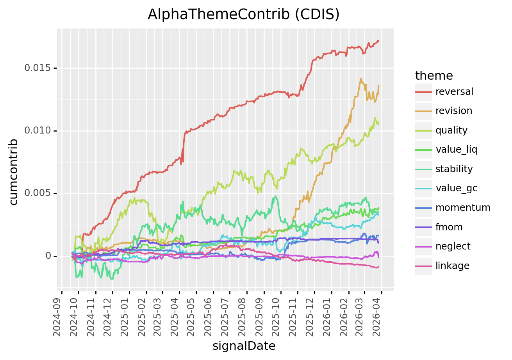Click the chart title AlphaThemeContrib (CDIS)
tap(244, 14)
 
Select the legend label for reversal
tap(454, 92)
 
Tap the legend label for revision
tap(454, 111)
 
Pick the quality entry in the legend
tap(451, 130)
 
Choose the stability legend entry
tap(454, 169)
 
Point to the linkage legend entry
tap(452, 266)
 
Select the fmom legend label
tap(449, 227)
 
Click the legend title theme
tap(434, 75)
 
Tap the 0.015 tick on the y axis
tap(38, 68)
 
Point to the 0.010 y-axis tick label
tap(38, 131)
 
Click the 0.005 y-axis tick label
tap(38, 193)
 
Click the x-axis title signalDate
tap(244, 346)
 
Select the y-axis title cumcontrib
tap(14, 171)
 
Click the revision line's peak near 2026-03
tap(361, 78)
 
